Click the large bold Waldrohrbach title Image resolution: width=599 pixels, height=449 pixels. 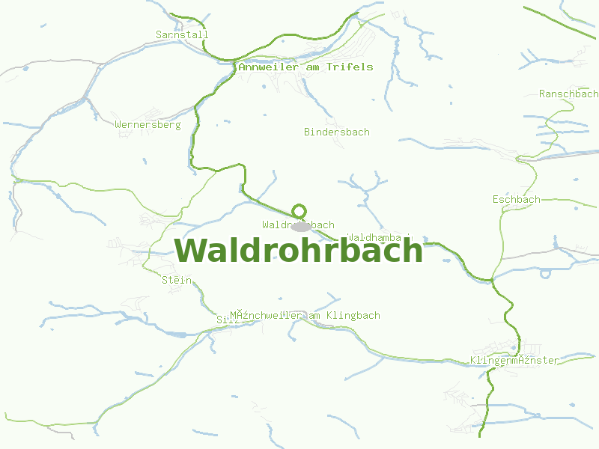(x=299, y=250)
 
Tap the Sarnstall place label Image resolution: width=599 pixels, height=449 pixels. (x=182, y=34)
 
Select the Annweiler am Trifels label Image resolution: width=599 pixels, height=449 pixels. (x=305, y=67)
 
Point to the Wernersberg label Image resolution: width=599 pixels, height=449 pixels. (x=148, y=124)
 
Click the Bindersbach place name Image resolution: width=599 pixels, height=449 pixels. (x=336, y=132)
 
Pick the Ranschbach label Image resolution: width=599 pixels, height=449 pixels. (x=568, y=94)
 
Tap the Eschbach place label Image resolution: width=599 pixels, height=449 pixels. (x=516, y=199)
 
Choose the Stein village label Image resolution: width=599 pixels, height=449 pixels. (x=177, y=280)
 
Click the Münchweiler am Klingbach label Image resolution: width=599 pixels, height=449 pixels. (x=305, y=315)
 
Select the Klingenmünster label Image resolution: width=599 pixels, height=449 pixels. (x=514, y=360)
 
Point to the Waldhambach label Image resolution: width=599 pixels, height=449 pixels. (x=380, y=237)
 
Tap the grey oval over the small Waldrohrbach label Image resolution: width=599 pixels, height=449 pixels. (x=301, y=226)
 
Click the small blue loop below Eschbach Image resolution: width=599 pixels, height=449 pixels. (x=545, y=273)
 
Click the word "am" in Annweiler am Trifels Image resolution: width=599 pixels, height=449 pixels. (x=312, y=67)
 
